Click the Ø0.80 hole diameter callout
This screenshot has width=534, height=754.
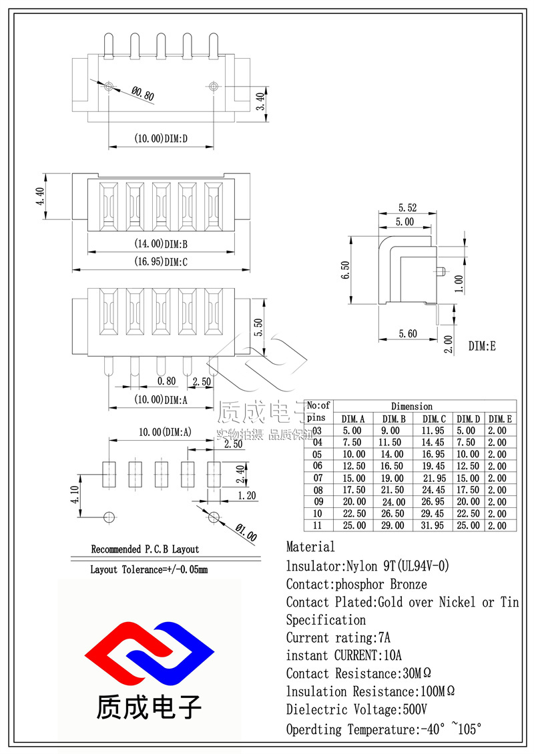point(143,95)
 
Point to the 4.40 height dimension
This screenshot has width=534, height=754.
point(39,197)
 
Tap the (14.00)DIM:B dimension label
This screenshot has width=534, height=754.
point(160,244)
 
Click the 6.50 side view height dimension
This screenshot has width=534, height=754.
point(344,270)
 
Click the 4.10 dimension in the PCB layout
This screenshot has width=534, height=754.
point(75,495)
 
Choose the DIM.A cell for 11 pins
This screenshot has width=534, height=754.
point(353,525)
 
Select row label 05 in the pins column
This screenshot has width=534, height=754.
point(318,454)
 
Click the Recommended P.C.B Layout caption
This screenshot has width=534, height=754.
point(145,549)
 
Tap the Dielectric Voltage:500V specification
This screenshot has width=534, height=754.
point(356,709)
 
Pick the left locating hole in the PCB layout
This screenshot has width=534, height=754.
point(109,517)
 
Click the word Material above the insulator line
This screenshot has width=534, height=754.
point(310,547)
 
